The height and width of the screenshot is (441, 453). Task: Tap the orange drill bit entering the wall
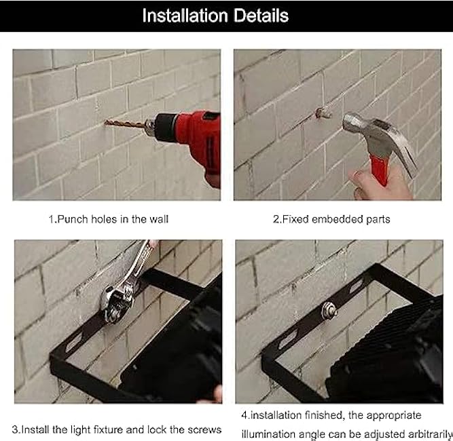point(128,123)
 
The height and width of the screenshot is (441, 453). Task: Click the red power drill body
point(197,133)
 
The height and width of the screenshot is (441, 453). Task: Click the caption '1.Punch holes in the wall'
point(108,218)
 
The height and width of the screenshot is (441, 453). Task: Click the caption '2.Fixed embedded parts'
point(331,218)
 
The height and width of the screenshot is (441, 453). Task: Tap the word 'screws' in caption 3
point(202,429)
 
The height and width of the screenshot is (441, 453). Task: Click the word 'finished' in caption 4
point(319,415)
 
